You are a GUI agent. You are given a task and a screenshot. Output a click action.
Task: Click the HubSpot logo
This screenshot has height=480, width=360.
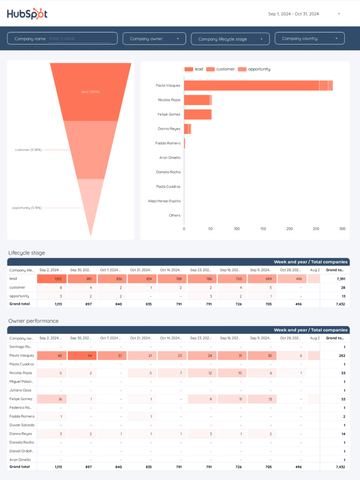point(27,14)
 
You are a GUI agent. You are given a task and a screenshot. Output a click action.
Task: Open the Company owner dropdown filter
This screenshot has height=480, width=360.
point(154,39)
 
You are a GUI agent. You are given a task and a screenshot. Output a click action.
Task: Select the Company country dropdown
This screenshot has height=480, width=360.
point(309,38)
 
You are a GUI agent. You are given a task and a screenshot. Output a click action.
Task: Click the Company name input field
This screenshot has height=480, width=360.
point(80,39)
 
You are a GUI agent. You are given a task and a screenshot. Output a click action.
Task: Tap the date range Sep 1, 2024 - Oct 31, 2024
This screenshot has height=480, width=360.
point(293,14)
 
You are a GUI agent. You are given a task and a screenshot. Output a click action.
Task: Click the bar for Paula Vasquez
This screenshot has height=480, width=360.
point(258,85)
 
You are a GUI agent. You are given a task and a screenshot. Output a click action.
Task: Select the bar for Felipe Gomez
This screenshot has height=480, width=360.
point(197,114)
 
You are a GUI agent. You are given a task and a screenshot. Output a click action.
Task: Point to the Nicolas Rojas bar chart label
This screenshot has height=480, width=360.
point(169,100)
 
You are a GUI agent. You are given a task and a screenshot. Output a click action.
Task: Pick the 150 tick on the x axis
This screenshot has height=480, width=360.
point(263,229)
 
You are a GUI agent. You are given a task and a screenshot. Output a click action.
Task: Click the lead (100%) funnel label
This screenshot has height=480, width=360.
point(90,92)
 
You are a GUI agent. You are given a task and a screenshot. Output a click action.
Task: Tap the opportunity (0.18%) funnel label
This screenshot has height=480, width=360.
point(27,208)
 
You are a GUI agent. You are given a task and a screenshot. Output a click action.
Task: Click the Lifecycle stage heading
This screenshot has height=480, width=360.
point(27,253)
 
